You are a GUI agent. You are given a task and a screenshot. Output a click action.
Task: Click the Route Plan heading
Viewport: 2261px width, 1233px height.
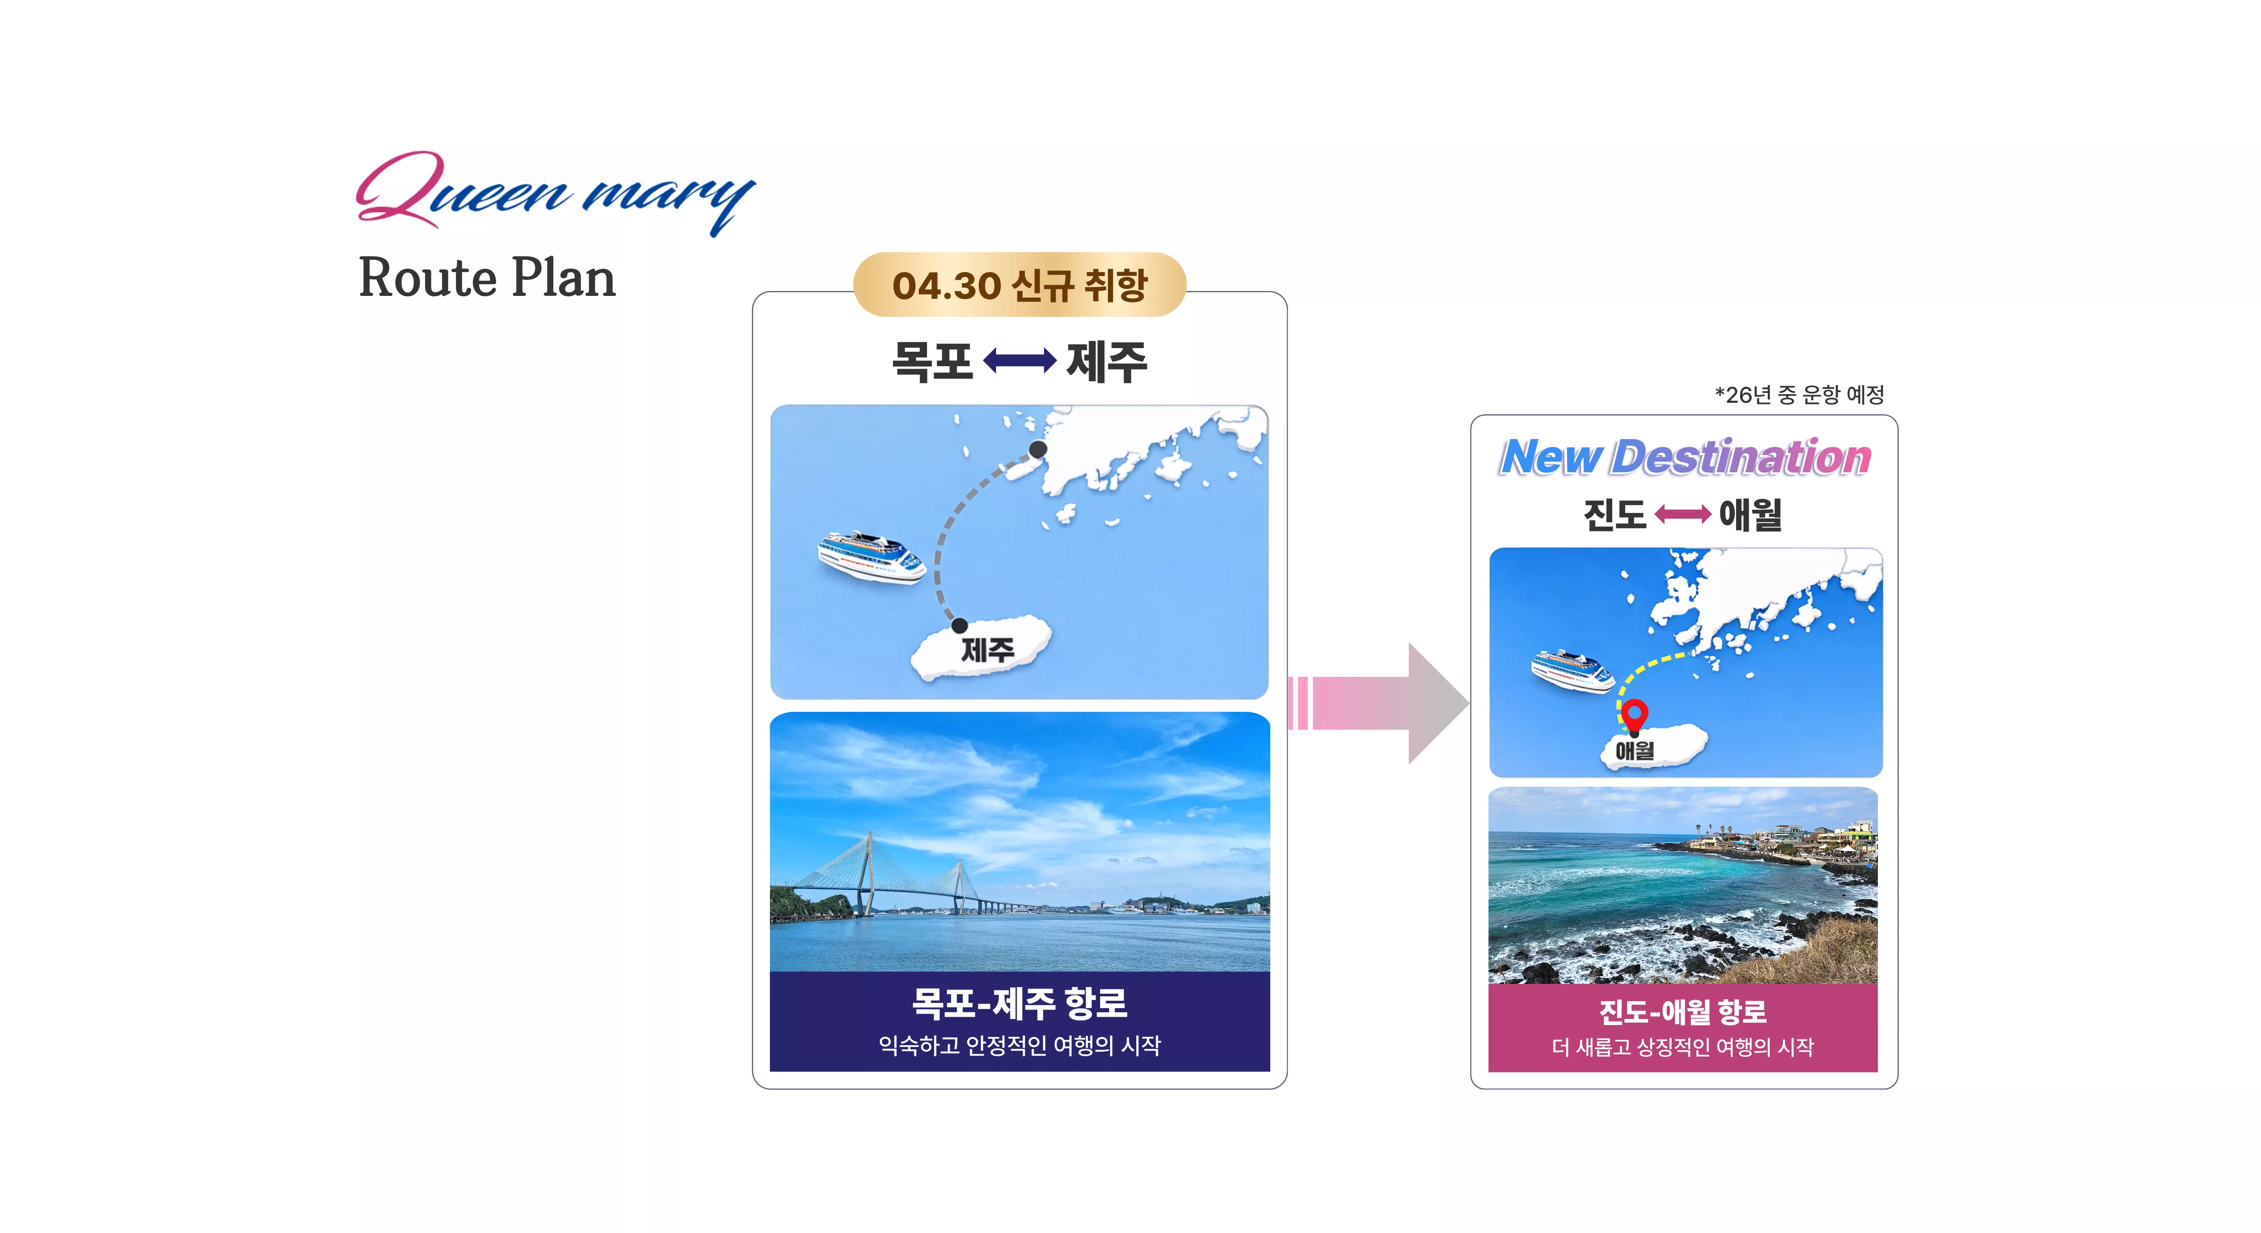point(487,278)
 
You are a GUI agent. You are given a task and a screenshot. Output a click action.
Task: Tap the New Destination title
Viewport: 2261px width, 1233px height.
point(1685,457)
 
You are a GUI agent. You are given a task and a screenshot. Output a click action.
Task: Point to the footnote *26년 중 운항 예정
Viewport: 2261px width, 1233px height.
point(1799,395)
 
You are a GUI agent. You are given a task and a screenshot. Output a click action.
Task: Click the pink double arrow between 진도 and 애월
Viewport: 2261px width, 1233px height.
point(1683,514)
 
